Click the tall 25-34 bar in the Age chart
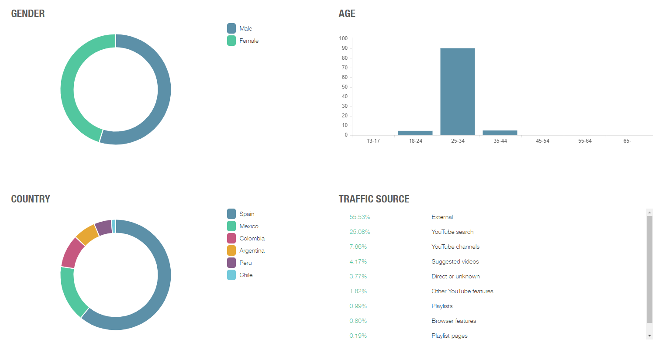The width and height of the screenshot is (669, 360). click(457, 92)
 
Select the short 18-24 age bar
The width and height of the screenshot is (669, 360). click(415, 133)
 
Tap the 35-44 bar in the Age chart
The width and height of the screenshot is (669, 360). click(500, 133)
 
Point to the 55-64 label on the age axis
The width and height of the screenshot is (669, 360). click(585, 141)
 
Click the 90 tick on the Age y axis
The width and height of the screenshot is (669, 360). click(345, 48)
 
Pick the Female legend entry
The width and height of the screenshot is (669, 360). click(248, 41)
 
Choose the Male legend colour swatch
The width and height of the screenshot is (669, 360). click(231, 28)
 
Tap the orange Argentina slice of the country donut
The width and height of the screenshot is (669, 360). click(87, 235)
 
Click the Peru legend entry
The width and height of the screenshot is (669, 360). click(245, 263)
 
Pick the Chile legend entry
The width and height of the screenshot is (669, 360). click(246, 275)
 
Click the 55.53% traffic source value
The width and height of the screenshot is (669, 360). click(359, 217)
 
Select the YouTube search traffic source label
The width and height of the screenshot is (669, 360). click(452, 232)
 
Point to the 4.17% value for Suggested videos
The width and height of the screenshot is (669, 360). click(358, 261)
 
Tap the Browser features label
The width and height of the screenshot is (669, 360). click(454, 321)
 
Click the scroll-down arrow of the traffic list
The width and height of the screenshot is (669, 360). click(650, 336)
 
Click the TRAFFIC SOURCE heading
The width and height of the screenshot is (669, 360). click(374, 199)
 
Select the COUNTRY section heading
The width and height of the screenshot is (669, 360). click(31, 199)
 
